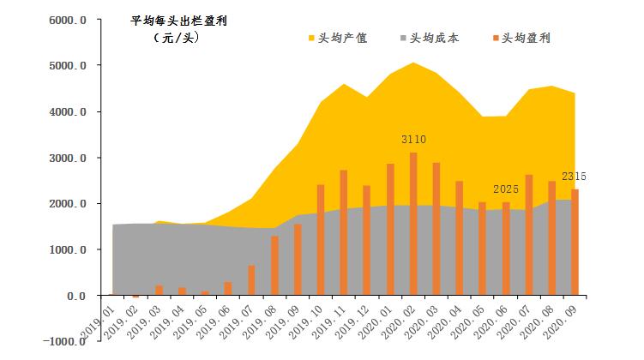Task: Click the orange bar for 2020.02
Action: pos(413,224)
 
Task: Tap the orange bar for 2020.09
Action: pos(575,243)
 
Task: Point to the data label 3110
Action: pos(413,139)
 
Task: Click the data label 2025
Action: pos(507,189)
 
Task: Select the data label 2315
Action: pos(575,176)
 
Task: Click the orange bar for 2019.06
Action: pos(228,289)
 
